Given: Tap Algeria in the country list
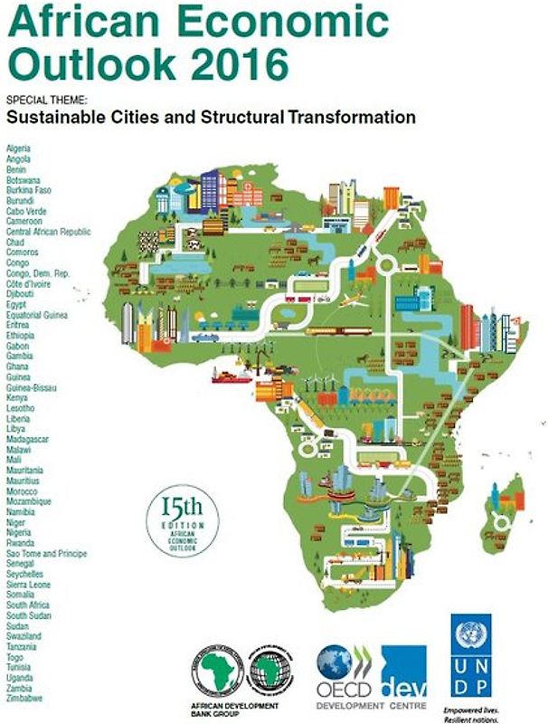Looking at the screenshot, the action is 18,148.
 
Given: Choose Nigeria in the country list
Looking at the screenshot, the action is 20,533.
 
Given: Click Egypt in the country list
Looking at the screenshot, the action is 16,304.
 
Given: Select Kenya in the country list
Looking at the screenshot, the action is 17,397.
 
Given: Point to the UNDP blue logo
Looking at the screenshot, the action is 470,653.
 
